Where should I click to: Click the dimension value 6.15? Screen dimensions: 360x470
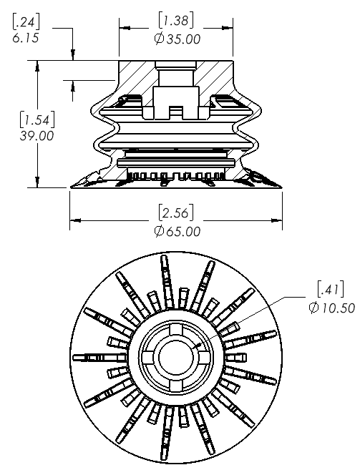click(x=26, y=38)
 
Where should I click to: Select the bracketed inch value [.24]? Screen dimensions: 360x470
click(x=26, y=21)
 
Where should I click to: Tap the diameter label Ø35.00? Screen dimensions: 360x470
click(x=177, y=39)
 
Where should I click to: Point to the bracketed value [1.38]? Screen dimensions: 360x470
click(x=176, y=20)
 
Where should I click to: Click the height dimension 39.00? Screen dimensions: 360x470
click(x=37, y=136)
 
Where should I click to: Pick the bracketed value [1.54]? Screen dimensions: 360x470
click(x=37, y=119)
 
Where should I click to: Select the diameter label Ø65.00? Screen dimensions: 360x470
click(x=177, y=231)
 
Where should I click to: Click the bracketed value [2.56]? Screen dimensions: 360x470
click(x=176, y=212)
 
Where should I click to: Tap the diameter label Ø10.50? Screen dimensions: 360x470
click(x=332, y=308)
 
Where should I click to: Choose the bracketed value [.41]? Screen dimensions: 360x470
click(x=331, y=289)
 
